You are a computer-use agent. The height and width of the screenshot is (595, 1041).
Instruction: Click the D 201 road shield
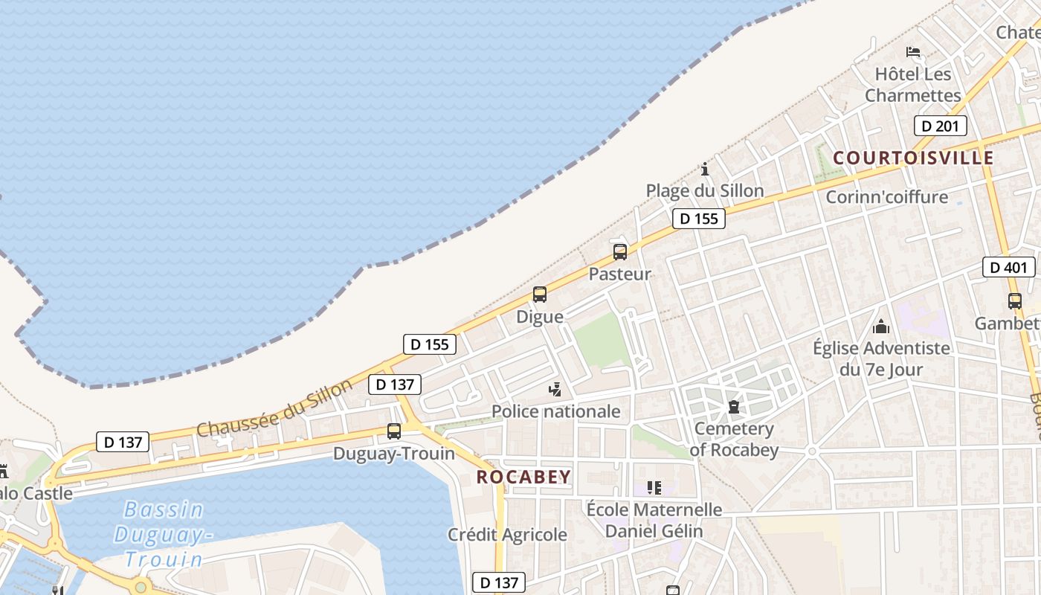click(940, 126)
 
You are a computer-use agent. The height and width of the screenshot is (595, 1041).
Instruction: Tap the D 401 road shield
click(1008, 268)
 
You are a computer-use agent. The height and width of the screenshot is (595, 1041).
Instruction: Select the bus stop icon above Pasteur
click(620, 252)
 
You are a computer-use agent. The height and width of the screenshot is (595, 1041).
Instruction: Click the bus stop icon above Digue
click(540, 295)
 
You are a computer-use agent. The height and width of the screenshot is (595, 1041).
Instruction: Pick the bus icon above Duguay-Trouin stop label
click(394, 431)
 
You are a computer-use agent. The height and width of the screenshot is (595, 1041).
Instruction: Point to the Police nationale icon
click(555, 389)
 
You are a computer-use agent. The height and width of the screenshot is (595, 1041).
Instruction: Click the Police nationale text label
click(555, 411)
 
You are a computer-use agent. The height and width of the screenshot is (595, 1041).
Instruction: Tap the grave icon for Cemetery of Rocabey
click(734, 407)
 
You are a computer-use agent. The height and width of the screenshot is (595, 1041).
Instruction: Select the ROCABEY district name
click(523, 477)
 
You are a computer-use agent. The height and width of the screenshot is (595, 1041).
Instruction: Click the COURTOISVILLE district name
click(913, 158)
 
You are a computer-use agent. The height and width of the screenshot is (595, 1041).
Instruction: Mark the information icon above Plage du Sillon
click(705, 169)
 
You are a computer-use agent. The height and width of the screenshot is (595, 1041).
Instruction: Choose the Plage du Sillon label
click(704, 191)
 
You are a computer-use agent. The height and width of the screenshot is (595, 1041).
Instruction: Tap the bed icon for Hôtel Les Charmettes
click(913, 52)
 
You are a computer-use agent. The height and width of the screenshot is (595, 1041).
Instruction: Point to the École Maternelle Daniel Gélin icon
click(654, 488)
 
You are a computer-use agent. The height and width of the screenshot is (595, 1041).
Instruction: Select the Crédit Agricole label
click(507, 535)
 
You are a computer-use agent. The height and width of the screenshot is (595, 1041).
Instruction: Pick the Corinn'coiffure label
click(887, 197)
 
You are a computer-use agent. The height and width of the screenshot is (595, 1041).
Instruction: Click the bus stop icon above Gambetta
click(1015, 301)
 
